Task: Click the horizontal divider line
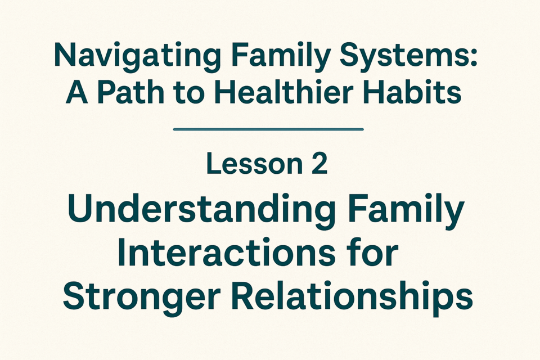coord(268,129)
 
